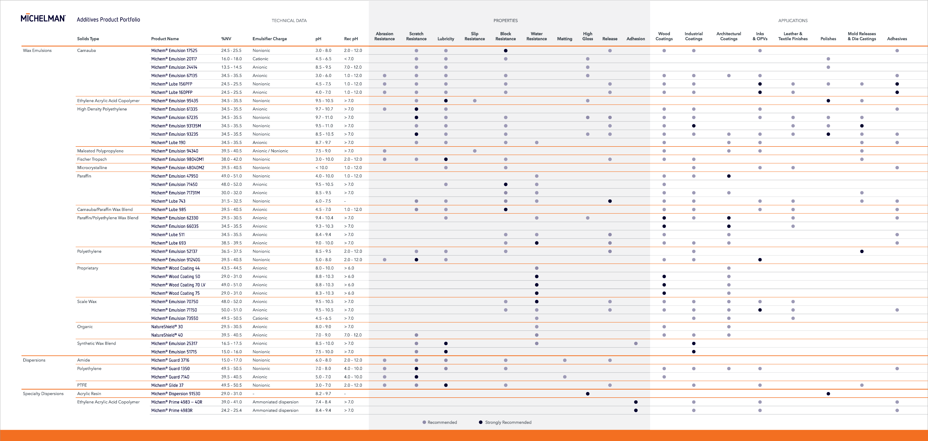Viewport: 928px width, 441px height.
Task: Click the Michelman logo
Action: coord(43,18)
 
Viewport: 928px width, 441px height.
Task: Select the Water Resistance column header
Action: coord(536,36)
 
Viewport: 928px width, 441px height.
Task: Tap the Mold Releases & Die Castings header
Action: coord(862,36)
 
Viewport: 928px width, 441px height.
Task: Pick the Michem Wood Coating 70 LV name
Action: coord(178,285)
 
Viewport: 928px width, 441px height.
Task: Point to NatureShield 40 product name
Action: coord(167,335)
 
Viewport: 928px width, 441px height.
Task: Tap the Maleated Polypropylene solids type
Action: coord(100,151)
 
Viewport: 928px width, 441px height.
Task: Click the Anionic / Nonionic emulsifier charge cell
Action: coord(270,151)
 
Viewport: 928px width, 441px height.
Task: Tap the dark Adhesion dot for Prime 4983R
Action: coord(636,410)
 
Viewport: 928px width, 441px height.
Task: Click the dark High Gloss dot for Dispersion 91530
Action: coord(588,394)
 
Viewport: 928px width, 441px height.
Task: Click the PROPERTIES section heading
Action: coord(505,21)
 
